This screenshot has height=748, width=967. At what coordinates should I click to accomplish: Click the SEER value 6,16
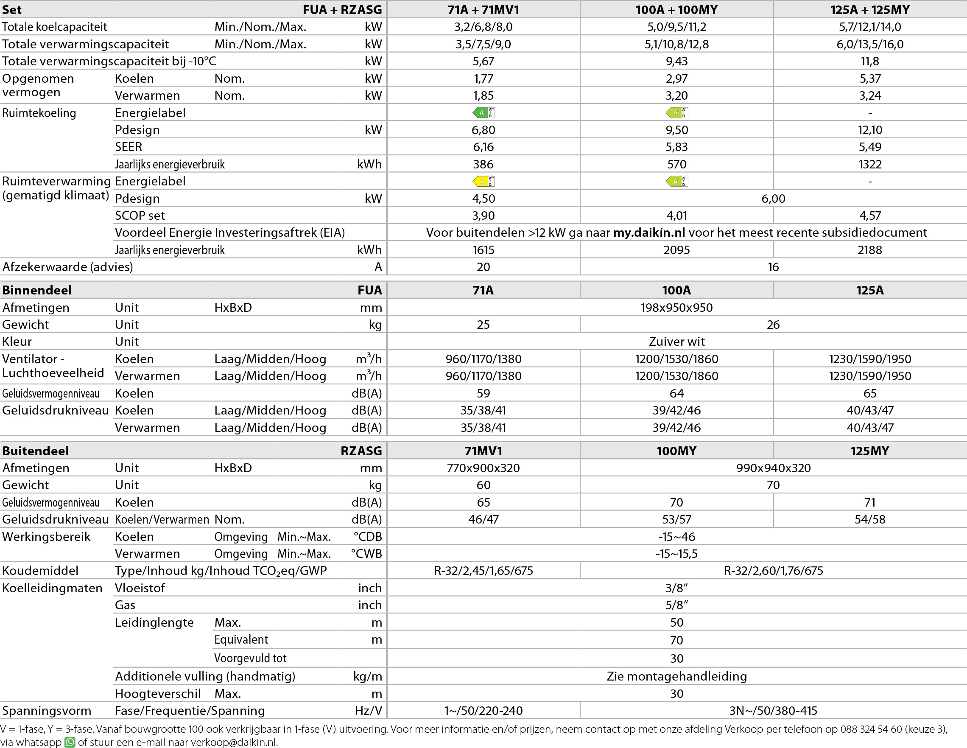tap(483, 147)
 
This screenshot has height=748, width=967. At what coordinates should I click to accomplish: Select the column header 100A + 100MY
tap(676, 9)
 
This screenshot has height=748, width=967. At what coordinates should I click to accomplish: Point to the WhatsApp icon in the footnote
tap(70, 742)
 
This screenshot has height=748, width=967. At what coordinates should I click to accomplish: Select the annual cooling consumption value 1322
tap(869, 164)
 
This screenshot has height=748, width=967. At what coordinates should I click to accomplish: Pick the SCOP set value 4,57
tap(869, 216)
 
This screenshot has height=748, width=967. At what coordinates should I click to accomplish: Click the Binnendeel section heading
tap(37, 290)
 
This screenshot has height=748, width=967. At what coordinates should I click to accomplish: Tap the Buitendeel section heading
tap(36, 451)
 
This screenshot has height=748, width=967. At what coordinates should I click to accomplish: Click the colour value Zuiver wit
tap(676, 342)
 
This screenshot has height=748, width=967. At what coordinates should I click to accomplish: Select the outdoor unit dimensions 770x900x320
tap(483, 468)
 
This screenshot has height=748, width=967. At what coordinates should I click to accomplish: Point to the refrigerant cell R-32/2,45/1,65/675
tap(483, 570)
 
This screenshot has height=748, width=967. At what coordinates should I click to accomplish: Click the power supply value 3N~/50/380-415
tap(773, 711)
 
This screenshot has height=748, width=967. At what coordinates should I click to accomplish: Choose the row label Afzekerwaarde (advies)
tap(68, 267)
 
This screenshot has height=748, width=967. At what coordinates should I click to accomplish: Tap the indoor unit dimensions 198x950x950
tap(676, 307)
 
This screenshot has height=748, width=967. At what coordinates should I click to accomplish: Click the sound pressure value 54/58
tap(869, 519)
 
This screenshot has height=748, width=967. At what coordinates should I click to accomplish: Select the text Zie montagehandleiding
tap(676, 676)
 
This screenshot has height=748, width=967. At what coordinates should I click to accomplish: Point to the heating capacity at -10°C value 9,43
tap(676, 61)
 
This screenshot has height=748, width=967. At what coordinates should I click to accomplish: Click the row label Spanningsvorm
tap(47, 711)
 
